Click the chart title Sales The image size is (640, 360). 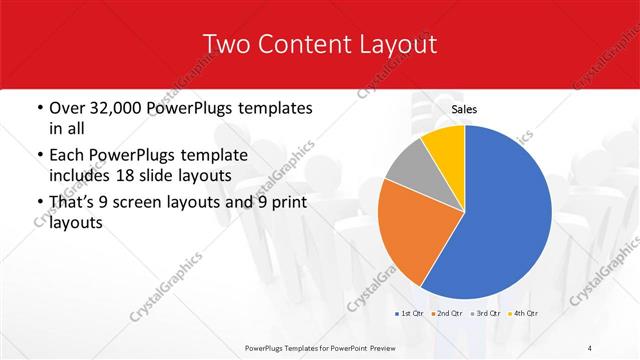[464, 108]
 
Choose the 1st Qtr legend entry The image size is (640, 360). [409, 314]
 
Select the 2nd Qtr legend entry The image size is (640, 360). [447, 314]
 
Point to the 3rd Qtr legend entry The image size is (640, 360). [485, 314]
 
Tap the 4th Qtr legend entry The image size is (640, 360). [523, 314]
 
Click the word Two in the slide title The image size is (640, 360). [226, 44]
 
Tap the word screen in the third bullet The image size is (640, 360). [150, 202]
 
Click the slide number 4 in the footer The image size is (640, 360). [590, 346]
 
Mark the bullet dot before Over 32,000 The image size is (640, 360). [39, 108]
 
